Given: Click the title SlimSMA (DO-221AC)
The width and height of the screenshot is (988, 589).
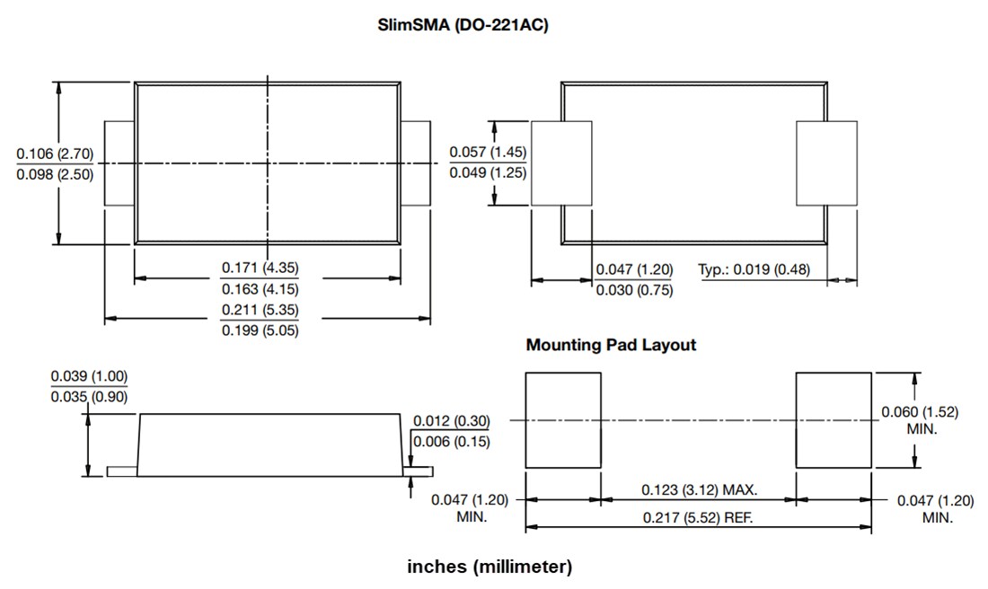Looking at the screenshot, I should (x=463, y=26).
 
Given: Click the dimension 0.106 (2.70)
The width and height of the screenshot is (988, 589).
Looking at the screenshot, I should (x=55, y=154).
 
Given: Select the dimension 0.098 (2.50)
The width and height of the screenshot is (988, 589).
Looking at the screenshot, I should (x=55, y=175).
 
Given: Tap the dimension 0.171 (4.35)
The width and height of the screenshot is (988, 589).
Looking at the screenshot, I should (x=260, y=268).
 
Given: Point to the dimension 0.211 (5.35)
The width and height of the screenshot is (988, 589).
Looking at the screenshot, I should (x=260, y=310).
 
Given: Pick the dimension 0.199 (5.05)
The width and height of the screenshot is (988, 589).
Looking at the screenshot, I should (x=260, y=330).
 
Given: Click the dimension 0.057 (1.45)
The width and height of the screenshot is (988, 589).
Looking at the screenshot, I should (x=488, y=152).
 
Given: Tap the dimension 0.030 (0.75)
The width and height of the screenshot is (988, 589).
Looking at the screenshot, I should (x=634, y=290).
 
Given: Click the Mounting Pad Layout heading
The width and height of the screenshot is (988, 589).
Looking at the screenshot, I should (x=611, y=345).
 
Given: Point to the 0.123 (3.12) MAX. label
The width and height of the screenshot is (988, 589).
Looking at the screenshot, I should (x=700, y=490).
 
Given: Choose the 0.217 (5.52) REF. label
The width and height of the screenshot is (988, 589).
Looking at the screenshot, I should (x=698, y=518).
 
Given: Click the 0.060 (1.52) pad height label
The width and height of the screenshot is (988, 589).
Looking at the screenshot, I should (x=919, y=412).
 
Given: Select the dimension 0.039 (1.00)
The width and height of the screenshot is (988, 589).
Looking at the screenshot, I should (x=89, y=376).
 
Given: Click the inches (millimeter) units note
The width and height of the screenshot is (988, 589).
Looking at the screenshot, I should (x=490, y=567).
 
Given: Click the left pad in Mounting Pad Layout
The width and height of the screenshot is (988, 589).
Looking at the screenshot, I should (x=562, y=420).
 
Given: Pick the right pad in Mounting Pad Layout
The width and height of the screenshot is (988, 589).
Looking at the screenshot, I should (x=834, y=420).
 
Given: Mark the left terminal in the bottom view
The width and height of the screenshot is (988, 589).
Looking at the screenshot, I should (x=561, y=163).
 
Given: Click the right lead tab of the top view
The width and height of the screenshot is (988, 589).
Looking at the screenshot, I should (x=415, y=163).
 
